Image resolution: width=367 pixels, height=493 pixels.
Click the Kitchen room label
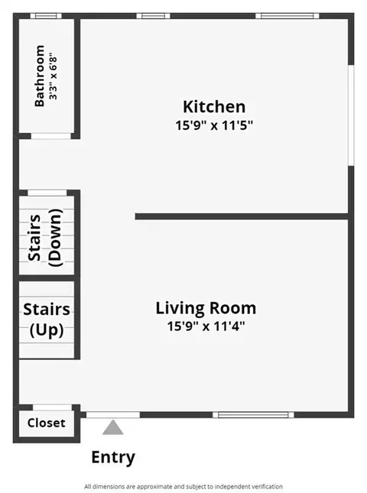tap(214, 106)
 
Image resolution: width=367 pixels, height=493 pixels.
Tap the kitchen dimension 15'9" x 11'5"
tap(214, 125)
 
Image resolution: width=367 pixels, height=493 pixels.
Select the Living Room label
tap(206, 308)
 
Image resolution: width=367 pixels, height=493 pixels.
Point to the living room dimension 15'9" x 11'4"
tap(206, 326)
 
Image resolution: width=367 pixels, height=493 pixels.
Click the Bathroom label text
tap(39, 76)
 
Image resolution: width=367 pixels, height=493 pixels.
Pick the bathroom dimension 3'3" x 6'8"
tap(53, 76)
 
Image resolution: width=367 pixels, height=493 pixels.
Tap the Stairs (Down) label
tap(45, 238)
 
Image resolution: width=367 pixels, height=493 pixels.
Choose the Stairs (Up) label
tap(47, 319)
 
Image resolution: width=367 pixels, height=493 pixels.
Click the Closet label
tap(46, 423)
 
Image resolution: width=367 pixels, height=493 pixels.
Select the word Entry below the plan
tap(113, 458)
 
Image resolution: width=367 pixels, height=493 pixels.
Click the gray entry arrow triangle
tap(113, 427)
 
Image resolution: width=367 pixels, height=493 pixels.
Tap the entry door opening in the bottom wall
tap(113, 415)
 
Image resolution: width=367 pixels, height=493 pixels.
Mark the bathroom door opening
tap(51, 136)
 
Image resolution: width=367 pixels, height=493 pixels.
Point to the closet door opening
tap(53, 407)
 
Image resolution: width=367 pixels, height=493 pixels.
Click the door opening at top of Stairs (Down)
tap(47, 193)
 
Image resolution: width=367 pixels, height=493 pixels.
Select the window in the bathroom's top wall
tap(46, 16)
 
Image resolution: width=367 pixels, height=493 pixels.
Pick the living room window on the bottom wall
tap(253, 415)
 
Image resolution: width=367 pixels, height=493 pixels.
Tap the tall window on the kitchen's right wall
tap(351, 115)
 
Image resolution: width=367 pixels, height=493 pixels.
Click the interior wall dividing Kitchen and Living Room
tap(242, 216)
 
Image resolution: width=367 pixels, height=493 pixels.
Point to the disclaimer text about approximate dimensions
tap(183, 486)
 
